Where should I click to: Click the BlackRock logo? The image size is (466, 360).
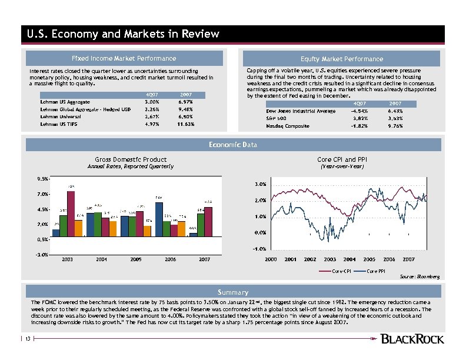pyautogui.click(x=412, y=339)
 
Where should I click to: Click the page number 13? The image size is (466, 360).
pyautogui.click(x=27, y=338)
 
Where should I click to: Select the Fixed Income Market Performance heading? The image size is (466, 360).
pyautogui.click(x=124, y=58)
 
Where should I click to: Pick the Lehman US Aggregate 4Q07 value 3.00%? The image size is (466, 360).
pyautogui.click(x=152, y=102)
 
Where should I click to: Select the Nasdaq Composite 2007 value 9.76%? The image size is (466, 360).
pyautogui.click(x=394, y=126)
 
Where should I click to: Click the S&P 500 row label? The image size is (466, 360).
pyautogui.click(x=275, y=118)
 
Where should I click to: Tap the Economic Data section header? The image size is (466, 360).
pyautogui.click(x=233, y=145)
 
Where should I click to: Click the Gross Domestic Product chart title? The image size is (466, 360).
pyautogui.click(x=131, y=159)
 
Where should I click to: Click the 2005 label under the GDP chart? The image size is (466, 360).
pyautogui.click(x=136, y=259)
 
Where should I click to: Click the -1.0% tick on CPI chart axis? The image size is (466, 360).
pyautogui.click(x=259, y=249)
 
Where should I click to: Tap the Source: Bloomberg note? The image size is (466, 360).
pyautogui.click(x=419, y=276)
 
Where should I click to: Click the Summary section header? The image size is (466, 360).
pyautogui.click(x=233, y=292)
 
